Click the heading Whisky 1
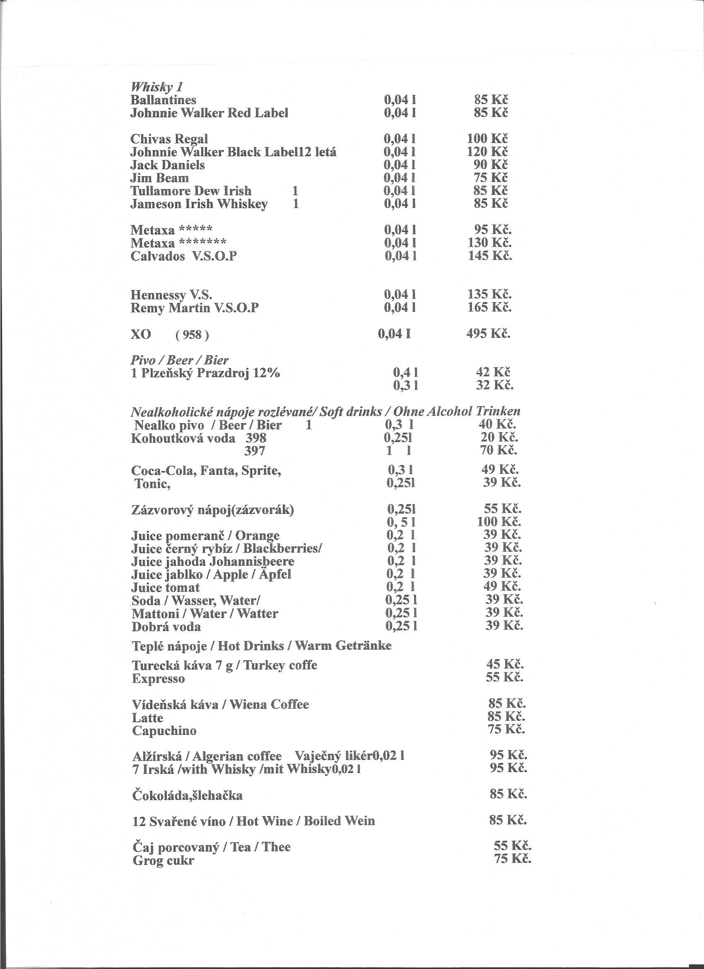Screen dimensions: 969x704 (x=157, y=87)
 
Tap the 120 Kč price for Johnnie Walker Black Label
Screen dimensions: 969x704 (x=487, y=151)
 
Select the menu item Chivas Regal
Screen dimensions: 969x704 (x=169, y=139)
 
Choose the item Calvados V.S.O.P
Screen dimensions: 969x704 (x=183, y=257)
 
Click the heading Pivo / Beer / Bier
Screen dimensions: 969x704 (x=179, y=360)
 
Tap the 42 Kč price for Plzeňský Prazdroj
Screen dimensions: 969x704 (x=493, y=372)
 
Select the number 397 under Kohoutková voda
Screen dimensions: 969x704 (x=255, y=451)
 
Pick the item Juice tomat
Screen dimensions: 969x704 (x=166, y=587)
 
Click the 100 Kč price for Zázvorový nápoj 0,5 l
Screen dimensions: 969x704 (x=499, y=521)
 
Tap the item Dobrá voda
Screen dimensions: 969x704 (x=166, y=627)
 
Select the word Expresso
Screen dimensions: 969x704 (x=158, y=678)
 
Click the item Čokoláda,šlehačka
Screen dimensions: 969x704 (x=188, y=795)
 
